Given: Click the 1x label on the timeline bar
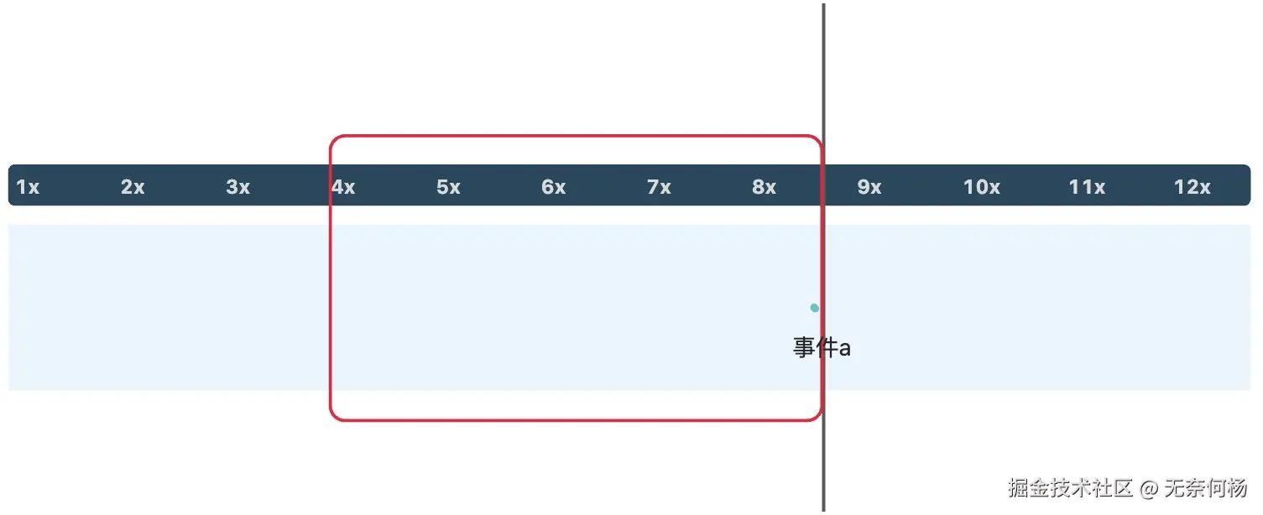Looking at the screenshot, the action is tap(28, 187).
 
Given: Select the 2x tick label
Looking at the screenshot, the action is tap(133, 187).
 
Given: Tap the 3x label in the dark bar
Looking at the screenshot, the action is tap(238, 187).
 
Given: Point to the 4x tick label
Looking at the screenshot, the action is tap(343, 187).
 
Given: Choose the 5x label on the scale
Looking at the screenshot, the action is tap(449, 187).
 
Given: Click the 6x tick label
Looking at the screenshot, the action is tap(554, 187).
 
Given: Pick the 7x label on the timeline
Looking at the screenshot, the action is tap(660, 187).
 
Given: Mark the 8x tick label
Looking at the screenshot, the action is tap(765, 187).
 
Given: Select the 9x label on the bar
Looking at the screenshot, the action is tap(869, 187).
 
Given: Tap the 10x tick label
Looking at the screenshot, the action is tap(981, 187).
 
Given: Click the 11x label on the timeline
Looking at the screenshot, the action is tap(1087, 187).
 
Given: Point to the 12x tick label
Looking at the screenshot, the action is tap(1192, 187).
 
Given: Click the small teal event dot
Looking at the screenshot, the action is tap(814, 308).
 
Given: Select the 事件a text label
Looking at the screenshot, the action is tap(822, 347).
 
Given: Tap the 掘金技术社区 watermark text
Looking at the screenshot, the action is tap(1071, 487).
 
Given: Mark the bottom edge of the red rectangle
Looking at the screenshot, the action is tap(576, 419).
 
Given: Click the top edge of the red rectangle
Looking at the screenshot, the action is tap(576, 135).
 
